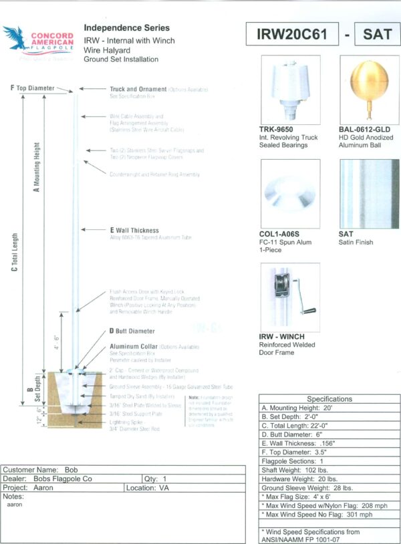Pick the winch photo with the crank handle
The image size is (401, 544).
pos(289,297)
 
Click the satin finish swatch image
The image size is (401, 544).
pos(366,194)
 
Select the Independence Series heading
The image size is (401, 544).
pos(126,29)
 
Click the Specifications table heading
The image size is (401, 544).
pos(329,399)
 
